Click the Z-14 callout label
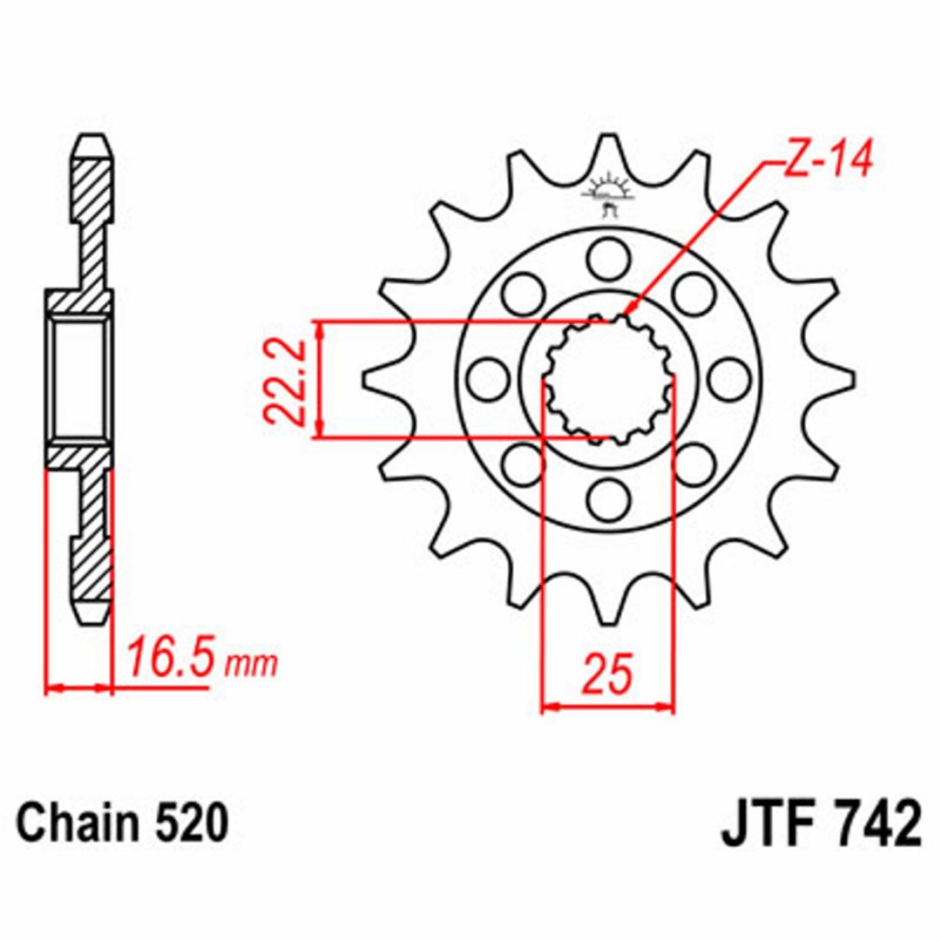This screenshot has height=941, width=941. [828, 159]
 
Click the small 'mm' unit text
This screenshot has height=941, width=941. [251, 664]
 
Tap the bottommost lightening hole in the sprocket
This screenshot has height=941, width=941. [608, 499]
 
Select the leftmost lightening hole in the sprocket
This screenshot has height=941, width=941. [487, 380]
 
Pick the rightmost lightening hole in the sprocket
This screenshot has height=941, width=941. [729, 380]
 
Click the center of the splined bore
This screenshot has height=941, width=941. [608, 380]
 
